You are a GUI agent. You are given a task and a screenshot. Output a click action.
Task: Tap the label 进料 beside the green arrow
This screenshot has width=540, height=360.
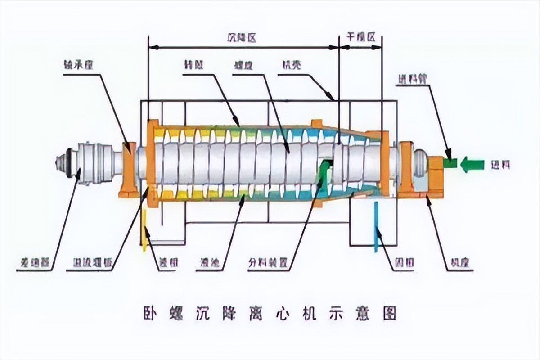click(x=500, y=165)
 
